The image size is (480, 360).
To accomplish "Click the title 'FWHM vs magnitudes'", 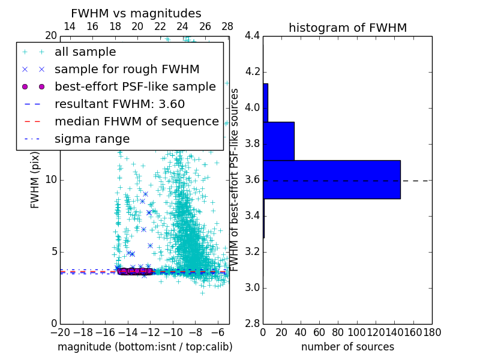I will pos(136,14).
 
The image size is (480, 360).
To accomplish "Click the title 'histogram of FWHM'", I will pos(347,28).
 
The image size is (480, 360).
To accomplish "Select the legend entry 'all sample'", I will pos(85,52).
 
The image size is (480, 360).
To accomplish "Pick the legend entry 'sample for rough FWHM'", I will pos(127,69).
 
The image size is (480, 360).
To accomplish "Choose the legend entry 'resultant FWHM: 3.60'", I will pos(119,104).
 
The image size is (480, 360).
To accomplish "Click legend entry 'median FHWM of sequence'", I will pos(136,121).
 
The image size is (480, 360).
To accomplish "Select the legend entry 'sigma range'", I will pos(92,139).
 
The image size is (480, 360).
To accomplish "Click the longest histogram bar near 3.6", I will pos(331,179).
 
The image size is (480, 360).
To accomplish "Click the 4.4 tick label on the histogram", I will pos(252,36).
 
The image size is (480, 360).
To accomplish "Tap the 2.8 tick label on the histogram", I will pos(252,323).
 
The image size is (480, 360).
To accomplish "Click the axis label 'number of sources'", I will pos(347,347).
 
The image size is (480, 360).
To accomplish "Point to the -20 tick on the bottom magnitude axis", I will pos(60,332).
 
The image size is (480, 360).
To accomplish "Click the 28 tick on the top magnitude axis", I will pos(227,26).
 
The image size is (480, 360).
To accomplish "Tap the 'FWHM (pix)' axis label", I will pos(35,180).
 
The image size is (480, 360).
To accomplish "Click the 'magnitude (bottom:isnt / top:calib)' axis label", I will pos(145,347).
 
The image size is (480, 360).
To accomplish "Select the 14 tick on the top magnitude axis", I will pos(70,26).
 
